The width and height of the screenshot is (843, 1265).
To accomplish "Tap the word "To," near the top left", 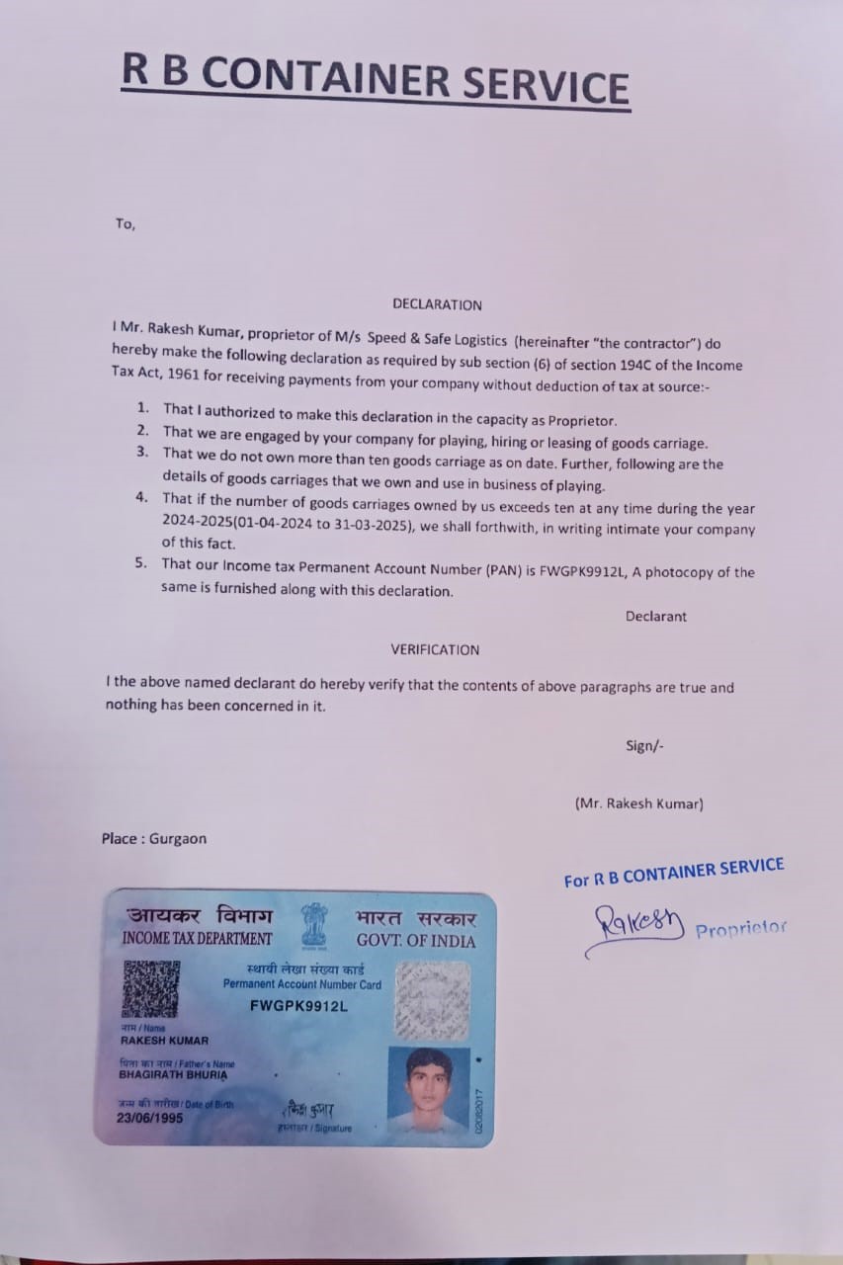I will [125, 223].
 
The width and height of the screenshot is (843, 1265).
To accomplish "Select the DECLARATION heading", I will [437, 304].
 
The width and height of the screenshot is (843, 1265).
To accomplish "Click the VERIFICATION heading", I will [435, 649].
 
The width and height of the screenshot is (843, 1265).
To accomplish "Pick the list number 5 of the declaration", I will [142, 563].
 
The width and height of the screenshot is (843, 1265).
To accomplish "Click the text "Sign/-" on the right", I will [644, 745].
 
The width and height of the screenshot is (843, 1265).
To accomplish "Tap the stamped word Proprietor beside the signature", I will [741, 930].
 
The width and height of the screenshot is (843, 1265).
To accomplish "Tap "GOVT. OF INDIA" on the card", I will [416, 940].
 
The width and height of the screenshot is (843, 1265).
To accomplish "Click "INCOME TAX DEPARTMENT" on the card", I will [197, 938].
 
